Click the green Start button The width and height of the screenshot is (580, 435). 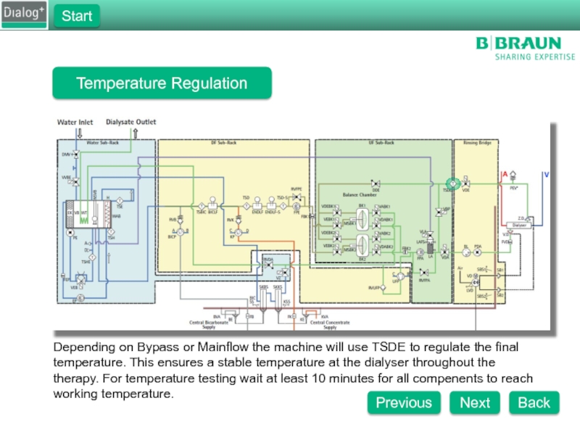tap(76, 16)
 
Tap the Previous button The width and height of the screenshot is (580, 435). tap(403, 402)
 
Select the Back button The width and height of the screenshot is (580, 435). tap(534, 402)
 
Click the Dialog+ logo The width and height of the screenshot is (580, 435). tap(25, 14)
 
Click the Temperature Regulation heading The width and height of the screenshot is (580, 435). tap(162, 83)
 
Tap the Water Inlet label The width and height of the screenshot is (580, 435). tap(75, 123)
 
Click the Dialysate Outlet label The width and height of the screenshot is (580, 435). tap(131, 123)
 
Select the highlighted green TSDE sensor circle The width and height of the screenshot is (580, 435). tap(450, 183)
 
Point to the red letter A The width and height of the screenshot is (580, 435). tap(505, 175)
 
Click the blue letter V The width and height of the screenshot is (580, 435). tap(546, 175)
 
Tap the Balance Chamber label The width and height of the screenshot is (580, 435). tap(360, 195)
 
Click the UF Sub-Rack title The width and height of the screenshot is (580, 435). tap(381, 143)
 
